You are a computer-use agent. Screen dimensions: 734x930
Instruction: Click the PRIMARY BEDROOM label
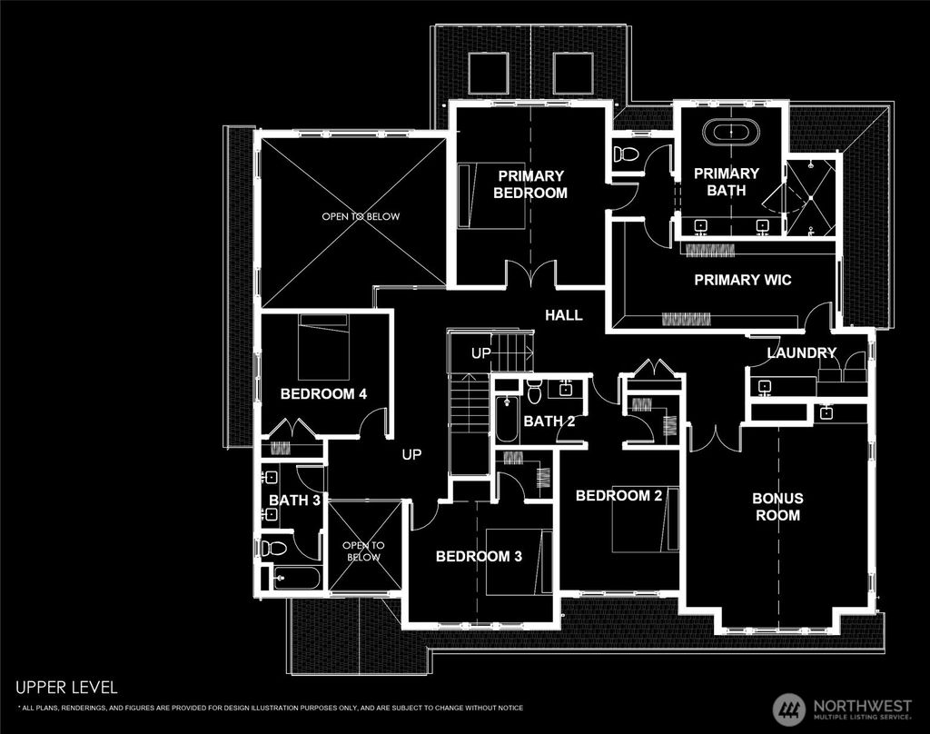pyautogui.click(x=530, y=183)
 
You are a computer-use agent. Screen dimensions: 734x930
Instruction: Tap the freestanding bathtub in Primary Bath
pyautogui.click(x=732, y=133)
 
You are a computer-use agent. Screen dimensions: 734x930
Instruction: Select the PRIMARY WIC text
pyautogui.click(x=742, y=280)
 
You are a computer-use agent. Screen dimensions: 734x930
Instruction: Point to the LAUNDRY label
pyautogui.click(x=801, y=352)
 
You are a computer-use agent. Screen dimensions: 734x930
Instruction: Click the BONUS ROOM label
pyautogui.click(x=777, y=507)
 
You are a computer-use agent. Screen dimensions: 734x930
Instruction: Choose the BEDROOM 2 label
pyautogui.click(x=618, y=495)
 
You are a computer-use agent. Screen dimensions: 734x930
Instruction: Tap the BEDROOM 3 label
pyautogui.click(x=479, y=557)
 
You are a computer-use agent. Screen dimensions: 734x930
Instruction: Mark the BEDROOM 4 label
pyautogui.click(x=323, y=394)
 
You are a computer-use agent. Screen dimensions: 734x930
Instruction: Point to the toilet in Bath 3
pyautogui.click(x=273, y=548)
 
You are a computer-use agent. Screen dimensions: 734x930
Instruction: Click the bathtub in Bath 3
pyautogui.click(x=296, y=578)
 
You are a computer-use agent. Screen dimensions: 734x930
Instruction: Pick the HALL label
pyautogui.click(x=563, y=315)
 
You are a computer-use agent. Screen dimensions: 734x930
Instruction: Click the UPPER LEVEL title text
pyautogui.click(x=66, y=688)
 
